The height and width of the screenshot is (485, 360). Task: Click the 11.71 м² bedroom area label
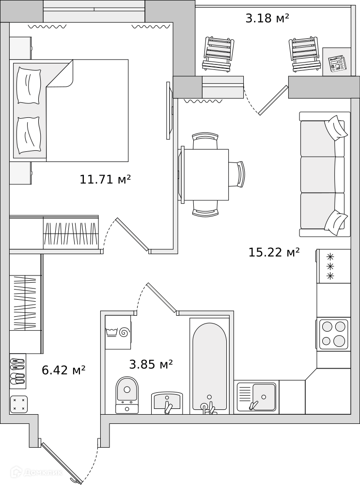click(105, 179)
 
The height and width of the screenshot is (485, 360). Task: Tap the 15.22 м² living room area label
click(274, 252)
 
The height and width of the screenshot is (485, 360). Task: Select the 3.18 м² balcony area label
click(267, 18)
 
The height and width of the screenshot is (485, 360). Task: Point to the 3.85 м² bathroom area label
click(151, 364)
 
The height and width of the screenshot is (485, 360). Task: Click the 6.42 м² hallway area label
click(63, 370)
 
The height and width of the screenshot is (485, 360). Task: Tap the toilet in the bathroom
click(127, 395)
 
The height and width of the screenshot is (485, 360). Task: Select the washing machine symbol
click(118, 332)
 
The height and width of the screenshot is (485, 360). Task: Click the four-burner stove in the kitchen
click(333, 334)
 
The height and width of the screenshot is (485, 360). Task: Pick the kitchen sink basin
click(264, 396)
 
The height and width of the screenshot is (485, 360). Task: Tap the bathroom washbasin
click(167, 403)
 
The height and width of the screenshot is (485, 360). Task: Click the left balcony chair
click(218, 55)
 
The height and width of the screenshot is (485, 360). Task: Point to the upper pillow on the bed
click(29, 85)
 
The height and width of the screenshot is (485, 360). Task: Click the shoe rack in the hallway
click(17, 371)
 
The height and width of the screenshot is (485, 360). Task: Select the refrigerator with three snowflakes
click(334, 266)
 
